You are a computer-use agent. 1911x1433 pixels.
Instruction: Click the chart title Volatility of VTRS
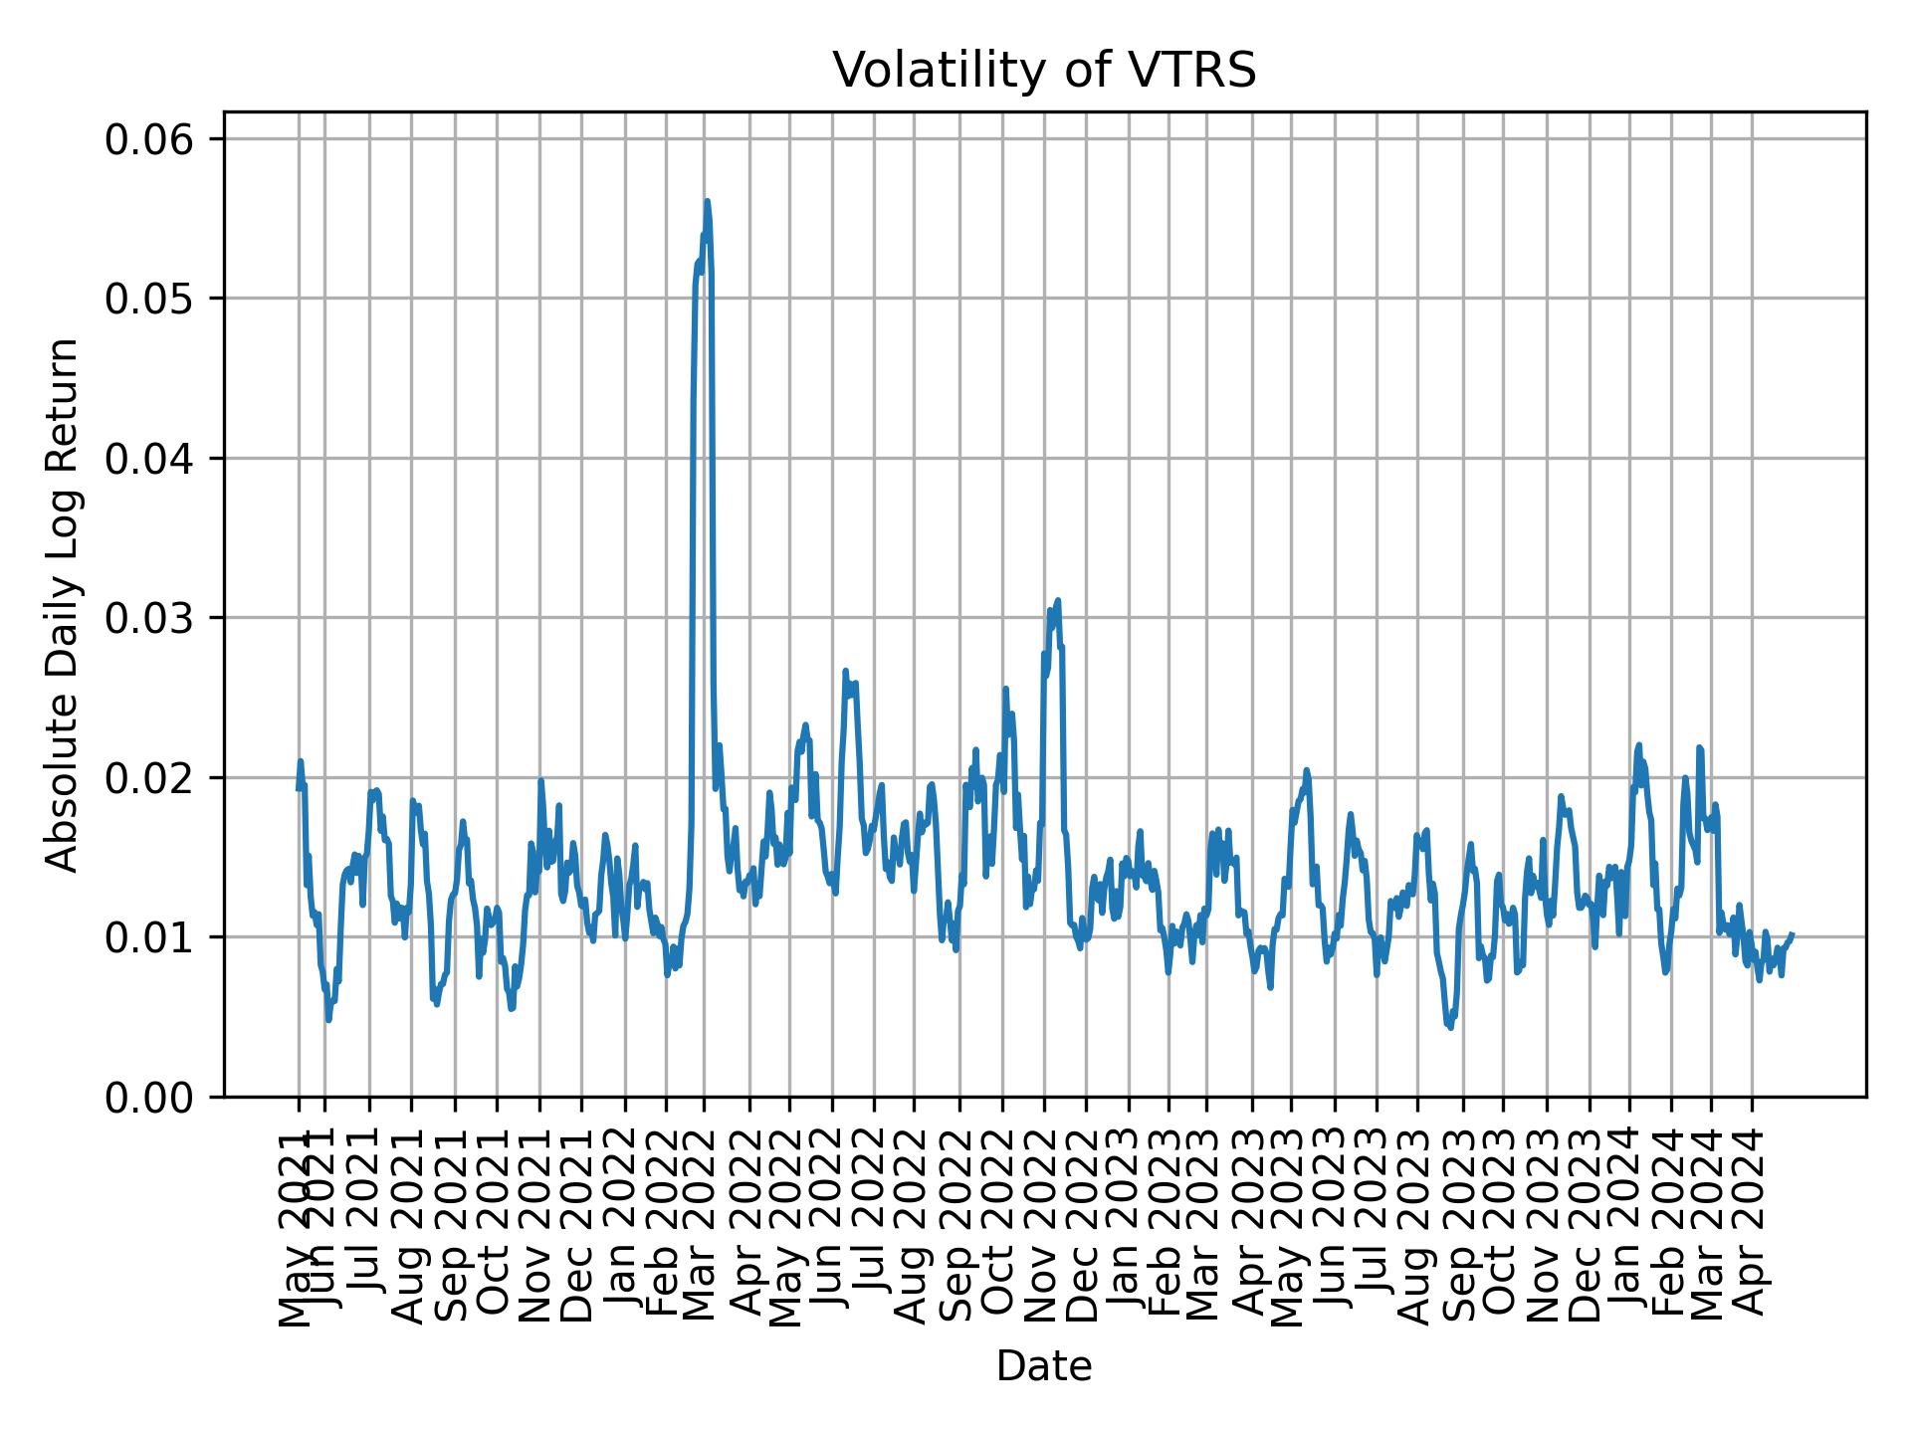pyautogui.click(x=1044, y=71)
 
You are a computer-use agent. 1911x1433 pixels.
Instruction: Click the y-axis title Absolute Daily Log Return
pyautogui.click(x=64, y=604)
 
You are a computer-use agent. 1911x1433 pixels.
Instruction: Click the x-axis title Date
pyautogui.click(x=1044, y=1367)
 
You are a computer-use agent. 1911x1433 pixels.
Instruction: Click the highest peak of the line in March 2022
pyautogui.click(x=707, y=201)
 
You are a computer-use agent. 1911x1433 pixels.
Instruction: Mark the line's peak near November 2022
pyautogui.click(x=1058, y=600)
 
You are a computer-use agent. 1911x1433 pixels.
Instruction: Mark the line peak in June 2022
pyautogui.click(x=845, y=672)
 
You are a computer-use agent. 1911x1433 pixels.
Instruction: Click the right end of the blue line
pyautogui.click(x=1792, y=934)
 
